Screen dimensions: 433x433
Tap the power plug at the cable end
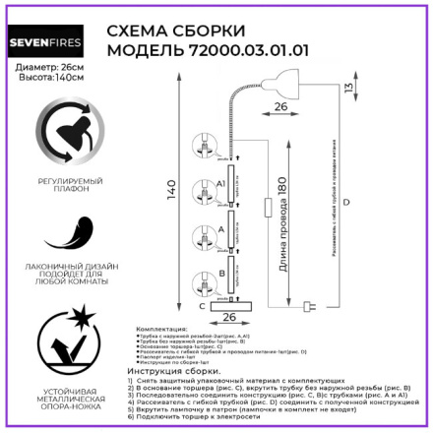pyautogui.click(x=313, y=306)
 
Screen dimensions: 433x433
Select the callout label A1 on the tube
pyautogui.click(x=221, y=183)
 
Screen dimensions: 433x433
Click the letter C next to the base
pyautogui.click(x=200, y=306)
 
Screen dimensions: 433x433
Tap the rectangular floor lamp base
pyautogui.click(x=229, y=306)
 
